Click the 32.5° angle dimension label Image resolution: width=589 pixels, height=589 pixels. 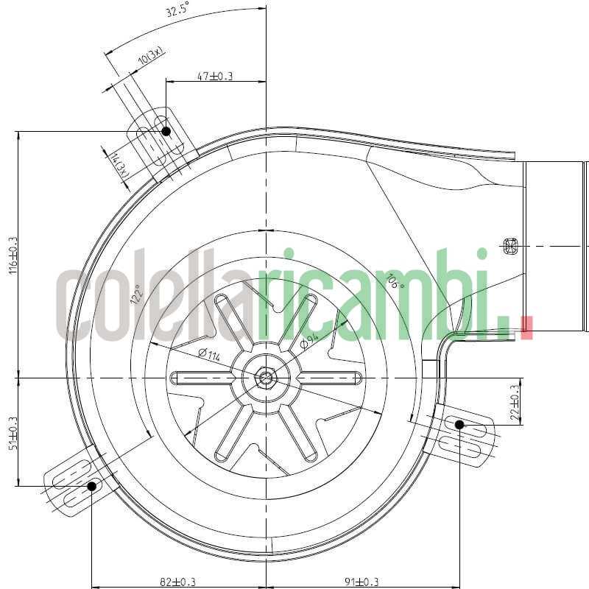pos(177,11)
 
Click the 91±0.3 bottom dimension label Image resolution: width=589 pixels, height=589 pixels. pos(361,582)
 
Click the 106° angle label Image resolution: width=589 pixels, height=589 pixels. pos(395,281)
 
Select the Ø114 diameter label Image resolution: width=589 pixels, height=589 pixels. pos(209,355)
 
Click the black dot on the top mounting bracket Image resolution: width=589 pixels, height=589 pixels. pos(166,131)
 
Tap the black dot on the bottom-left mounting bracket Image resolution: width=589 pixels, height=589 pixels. pos(93,486)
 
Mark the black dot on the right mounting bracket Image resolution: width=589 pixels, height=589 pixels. pos(459,425)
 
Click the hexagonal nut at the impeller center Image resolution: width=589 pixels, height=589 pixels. pos(264,378)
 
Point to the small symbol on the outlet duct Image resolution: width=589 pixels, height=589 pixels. pos(509,246)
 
